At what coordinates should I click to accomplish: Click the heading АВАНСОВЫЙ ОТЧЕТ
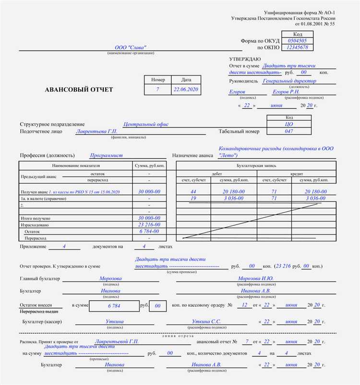click(79, 90)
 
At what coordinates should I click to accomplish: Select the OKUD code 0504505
click(297, 41)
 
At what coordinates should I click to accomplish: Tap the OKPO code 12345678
click(297, 47)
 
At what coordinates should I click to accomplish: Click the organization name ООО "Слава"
click(131, 48)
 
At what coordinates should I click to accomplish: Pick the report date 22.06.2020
click(186, 90)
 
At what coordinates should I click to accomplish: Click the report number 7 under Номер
click(157, 90)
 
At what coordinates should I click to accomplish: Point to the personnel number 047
click(288, 131)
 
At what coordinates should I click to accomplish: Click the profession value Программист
click(107, 155)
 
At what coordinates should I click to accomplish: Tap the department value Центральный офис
click(146, 124)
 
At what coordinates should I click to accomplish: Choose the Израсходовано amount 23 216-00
click(149, 224)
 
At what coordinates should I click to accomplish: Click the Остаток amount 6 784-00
click(149, 231)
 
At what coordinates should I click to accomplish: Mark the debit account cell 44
click(193, 191)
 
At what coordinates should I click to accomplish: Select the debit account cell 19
click(193, 198)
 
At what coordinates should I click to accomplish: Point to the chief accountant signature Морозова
click(111, 278)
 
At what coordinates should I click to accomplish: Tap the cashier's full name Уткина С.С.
click(206, 321)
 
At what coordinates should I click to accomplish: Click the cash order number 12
click(244, 305)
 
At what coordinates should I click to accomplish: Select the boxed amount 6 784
click(114, 305)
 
